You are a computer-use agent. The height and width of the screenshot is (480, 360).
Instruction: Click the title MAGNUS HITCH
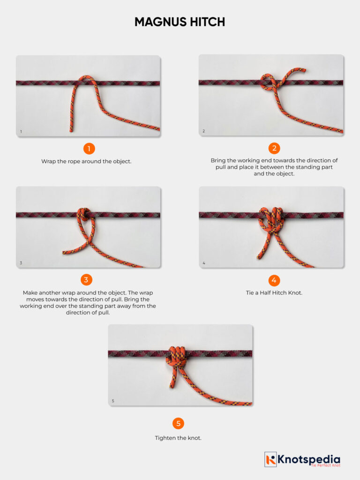click(x=180, y=22)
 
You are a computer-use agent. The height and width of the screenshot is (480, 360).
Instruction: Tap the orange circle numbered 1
click(x=89, y=149)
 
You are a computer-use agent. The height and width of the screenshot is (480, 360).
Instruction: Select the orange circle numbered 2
click(x=274, y=149)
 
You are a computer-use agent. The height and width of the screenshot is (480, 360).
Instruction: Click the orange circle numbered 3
click(x=86, y=280)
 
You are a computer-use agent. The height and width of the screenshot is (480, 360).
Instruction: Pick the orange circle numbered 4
click(x=274, y=280)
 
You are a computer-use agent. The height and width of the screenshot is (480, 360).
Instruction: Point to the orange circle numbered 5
click(x=178, y=424)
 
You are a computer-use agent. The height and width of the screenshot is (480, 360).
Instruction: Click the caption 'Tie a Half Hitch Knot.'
click(x=274, y=293)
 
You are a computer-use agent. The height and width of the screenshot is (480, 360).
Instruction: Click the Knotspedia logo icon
click(x=270, y=459)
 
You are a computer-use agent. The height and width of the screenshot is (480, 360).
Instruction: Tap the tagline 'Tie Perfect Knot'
click(x=325, y=465)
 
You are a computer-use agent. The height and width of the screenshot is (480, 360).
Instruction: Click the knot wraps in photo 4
click(x=270, y=219)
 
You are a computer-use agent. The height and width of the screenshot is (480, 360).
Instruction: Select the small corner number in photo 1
click(x=21, y=132)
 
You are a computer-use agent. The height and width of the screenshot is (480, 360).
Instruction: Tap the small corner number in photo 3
click(x=21, y=263)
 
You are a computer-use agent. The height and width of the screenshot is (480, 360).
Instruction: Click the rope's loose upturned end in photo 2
click(x=303, y=71)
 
